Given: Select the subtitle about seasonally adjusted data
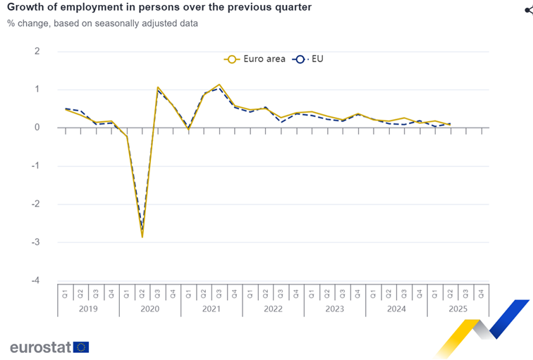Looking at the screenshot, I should [102, 23].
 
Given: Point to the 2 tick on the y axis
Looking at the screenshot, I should [37, 51].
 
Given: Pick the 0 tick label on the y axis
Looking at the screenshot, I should [37, 128].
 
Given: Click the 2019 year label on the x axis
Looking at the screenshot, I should [88, 309].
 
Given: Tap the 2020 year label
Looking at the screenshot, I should [149, 309].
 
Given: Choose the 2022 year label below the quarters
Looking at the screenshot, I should [273, 309].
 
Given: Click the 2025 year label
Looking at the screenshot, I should [458, 309].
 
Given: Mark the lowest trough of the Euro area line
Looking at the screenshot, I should [142, 237].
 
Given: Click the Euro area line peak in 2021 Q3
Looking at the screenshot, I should [219, 85].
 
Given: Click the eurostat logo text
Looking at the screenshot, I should [39, 347].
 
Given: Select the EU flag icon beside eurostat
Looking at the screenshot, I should [81, 347].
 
